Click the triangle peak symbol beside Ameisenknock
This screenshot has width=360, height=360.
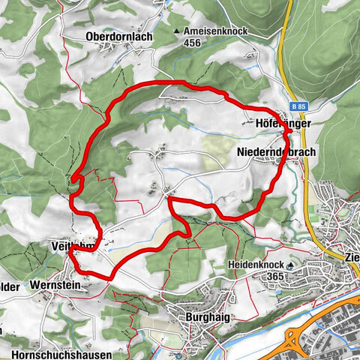click(178, 31)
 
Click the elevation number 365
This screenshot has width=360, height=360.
click(254, 277)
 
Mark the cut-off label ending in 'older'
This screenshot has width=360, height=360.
click(9, 286)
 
